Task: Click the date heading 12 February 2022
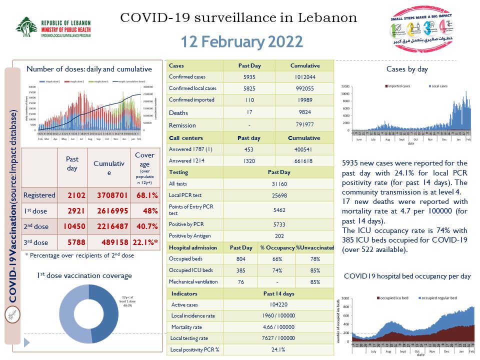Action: pyautogui.click(x=241, y=41)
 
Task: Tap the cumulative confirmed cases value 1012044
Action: pyautogui.click(x=304, y=77)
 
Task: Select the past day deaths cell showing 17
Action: pyautogui.click(x=248, y=112)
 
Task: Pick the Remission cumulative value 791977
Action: pyautogui.click(x=304, y=125)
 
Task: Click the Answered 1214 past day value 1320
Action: pyautogui.click(x=248, y=160)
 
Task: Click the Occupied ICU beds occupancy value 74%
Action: pyautogui.click(x=277, y=270)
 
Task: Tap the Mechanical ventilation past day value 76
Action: pyautogui.click(x=240, y=282)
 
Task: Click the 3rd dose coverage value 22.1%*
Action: pyautogui.click(x=144, y=242)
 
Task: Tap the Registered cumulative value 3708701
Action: pyautogui.click(x=108, y=195)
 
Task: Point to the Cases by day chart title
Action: pyautogui.click(x=407, y=69)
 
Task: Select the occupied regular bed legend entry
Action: pyautogui.click(x=437, y=298)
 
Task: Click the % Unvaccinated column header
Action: pyautogui.click(x=314, y=247)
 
